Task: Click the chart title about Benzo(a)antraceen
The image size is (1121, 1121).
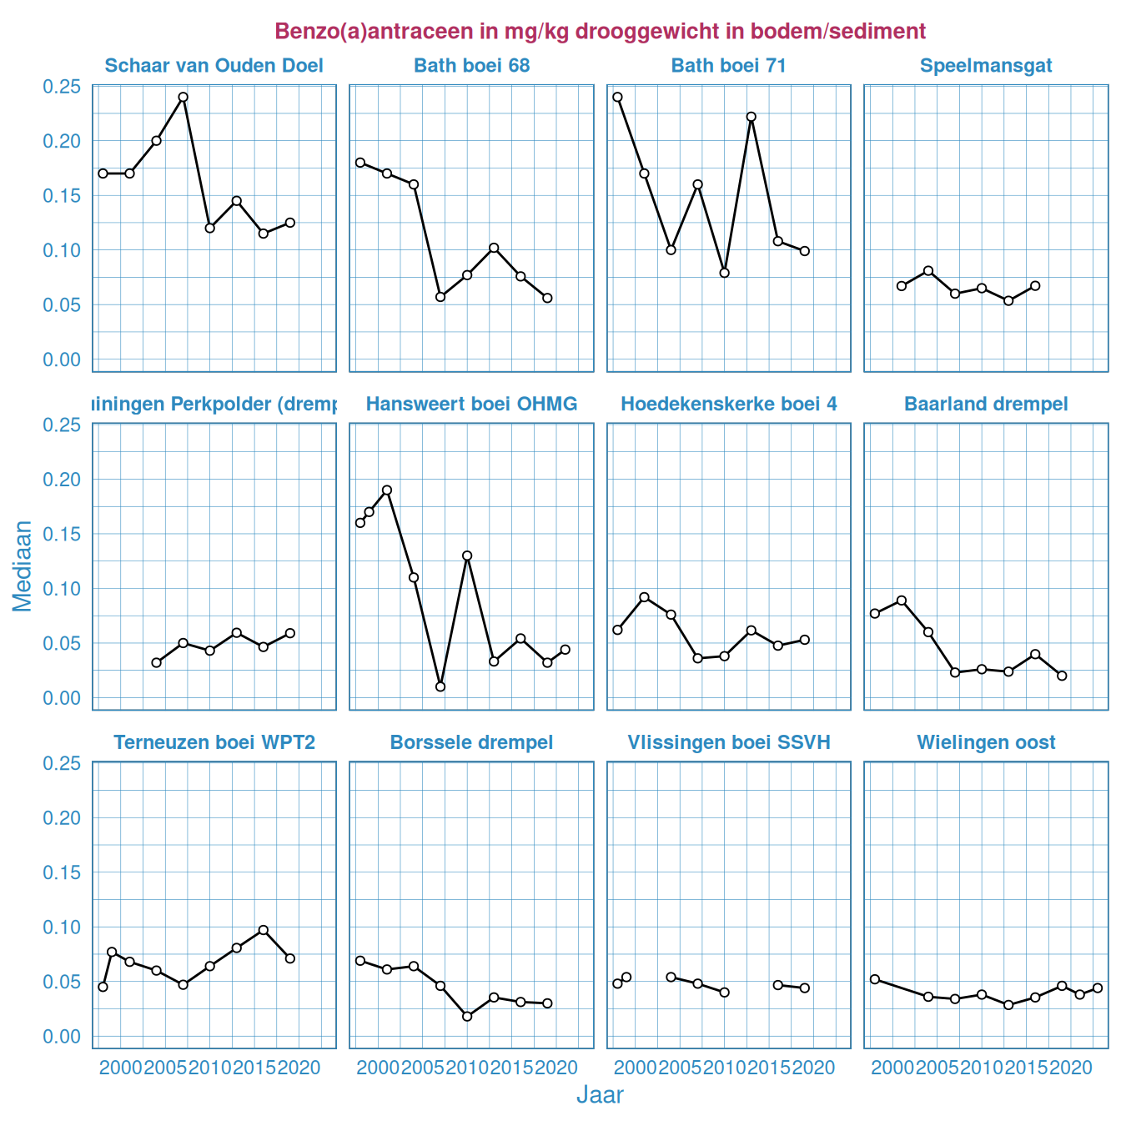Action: coord(600,32)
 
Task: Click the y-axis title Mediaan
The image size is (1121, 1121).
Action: coord(23,566)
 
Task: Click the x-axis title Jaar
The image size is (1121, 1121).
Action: coord(600,1095)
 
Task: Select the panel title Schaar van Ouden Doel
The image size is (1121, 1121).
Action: coord(214,66)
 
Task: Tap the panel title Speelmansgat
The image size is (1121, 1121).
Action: coord(986,66)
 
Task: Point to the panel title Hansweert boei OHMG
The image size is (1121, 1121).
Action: coord(471,405)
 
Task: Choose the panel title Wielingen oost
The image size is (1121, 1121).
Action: coord(986,742)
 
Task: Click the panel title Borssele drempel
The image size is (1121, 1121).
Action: coord(471,742)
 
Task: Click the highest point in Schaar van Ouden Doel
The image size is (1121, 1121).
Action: coord(183,97)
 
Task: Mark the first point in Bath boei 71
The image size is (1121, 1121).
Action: coord(617,97)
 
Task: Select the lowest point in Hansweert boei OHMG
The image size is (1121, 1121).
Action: coord(440,686)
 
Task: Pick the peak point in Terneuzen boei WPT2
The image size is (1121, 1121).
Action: coord(264,930)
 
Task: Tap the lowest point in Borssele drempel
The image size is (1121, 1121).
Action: coord(467,1016)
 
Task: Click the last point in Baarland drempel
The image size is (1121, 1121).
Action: coord(1062,676)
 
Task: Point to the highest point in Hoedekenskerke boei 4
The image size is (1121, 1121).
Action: coord(644,597)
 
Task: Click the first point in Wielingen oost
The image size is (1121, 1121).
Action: coord(875,979)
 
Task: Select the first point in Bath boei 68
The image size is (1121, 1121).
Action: coord(360,163)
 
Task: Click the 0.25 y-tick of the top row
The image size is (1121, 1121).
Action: coord(62,87)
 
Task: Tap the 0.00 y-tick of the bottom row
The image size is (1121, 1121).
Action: coord(62,1036)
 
